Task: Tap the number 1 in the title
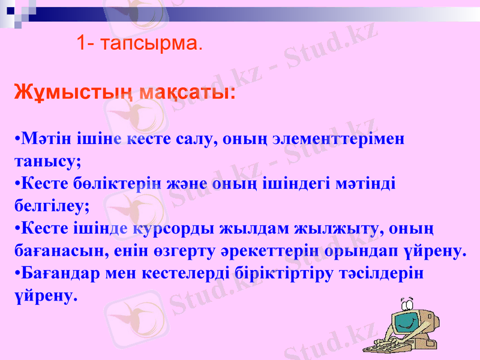pyautogui.click(x=82, y=43)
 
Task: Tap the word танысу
pyautogui.click(x=45, y=161)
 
